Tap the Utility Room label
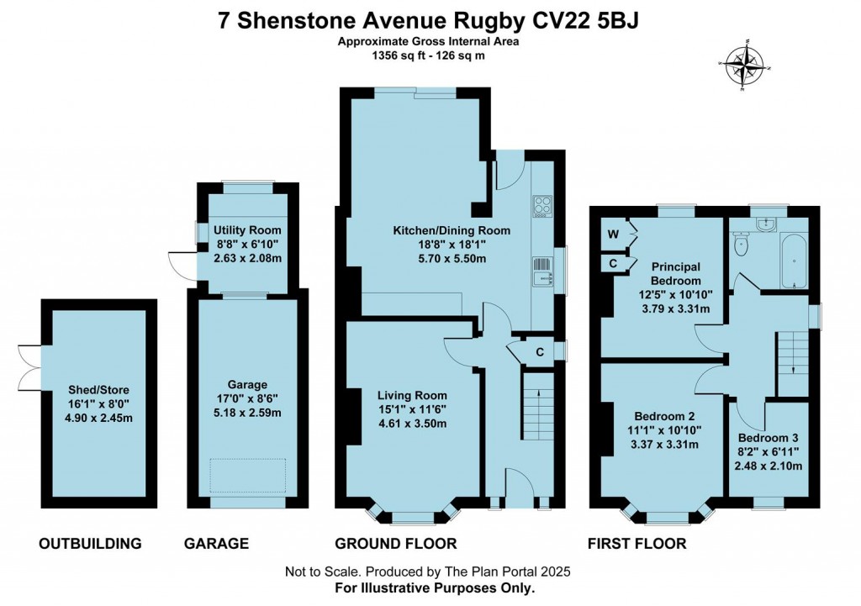click(247, 230)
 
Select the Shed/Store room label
click(99, 390)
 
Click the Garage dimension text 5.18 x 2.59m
click(247, 412)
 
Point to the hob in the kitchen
click(542, 207)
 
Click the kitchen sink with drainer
click(542, 271)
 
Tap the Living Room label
click(412, 395)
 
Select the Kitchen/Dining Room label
click(452, 230)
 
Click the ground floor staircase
click(537, 406)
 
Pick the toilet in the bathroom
click(741, 243)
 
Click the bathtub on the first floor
click(794, 260)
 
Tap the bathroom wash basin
click(765, 224)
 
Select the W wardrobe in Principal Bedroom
click(613, 234)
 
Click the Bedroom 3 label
click(769, 438)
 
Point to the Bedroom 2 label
click(664, 416)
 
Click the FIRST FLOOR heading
click(637, 544)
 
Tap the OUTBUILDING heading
click(90, 544)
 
